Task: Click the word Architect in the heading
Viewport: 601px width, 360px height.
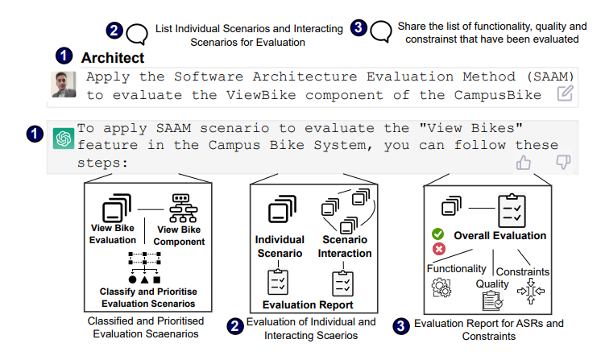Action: point(113,58)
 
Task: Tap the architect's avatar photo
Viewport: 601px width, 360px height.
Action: point(64,85)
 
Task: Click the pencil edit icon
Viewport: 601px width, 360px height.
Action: point(566,93)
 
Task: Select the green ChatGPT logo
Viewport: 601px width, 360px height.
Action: point(64,139)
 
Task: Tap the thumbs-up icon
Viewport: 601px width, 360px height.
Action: point(524,162)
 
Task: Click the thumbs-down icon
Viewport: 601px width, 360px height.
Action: point(564,162)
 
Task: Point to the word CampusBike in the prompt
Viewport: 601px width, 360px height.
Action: point(495,94)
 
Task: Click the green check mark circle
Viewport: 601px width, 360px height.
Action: point(439,234)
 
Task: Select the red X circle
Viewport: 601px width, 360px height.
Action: point(439,249)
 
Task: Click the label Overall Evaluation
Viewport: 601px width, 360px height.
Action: point(500,236)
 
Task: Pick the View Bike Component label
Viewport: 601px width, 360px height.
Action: point(180,235)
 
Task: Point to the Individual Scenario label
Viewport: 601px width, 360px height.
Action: point(280,246)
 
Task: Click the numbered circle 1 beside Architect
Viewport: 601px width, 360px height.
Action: point(63,58)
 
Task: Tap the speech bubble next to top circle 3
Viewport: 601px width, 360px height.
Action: point(381,33)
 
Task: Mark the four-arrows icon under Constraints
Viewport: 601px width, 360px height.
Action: point(528,292)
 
